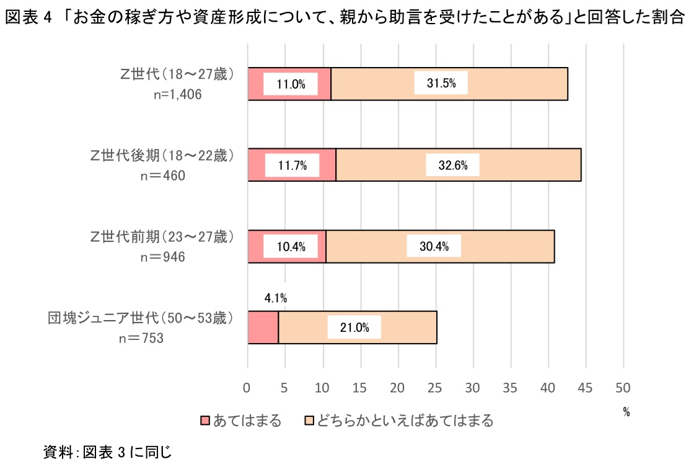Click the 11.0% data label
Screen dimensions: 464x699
[291, 84]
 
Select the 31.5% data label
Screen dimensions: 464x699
[441, 84]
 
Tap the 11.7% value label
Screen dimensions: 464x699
[292, 166]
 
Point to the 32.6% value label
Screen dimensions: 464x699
[452, 166]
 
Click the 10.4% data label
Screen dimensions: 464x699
[291, 247]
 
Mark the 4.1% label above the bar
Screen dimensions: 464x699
[275, 298]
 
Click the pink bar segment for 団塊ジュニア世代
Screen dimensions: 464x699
[263, 328]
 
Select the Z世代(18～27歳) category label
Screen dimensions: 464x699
[177, 75]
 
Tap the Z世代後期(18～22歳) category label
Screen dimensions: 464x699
[162, 156]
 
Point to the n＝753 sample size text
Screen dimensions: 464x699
[141, 338]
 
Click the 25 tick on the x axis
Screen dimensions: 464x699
[436, 388]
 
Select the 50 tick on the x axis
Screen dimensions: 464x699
[623, 388]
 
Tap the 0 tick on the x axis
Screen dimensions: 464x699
[248, 388]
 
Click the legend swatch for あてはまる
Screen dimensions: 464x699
[204, 421]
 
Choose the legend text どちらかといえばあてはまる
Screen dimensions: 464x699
[405, 421]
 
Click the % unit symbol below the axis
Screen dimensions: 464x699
[626, 412]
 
